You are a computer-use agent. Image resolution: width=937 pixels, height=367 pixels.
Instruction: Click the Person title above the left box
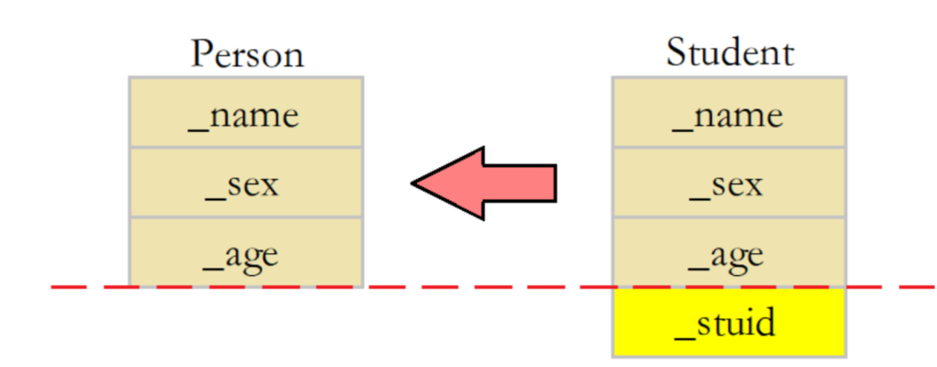247,54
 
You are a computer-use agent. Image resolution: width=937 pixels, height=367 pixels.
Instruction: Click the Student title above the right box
729,53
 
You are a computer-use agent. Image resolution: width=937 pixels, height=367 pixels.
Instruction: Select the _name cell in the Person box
246,113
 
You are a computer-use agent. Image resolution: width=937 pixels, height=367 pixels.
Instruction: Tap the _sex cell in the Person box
246,182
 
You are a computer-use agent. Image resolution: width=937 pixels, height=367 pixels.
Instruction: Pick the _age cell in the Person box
246,252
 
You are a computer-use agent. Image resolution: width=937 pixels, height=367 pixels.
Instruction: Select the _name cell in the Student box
729,113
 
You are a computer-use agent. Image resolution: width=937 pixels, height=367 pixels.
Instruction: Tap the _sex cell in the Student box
729,182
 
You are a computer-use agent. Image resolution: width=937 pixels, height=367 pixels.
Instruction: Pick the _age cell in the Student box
729,252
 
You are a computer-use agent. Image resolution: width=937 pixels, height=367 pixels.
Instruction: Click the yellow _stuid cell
729,322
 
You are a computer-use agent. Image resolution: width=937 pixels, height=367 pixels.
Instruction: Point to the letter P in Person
202,54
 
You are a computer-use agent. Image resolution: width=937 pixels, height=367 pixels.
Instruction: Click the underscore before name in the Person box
198,128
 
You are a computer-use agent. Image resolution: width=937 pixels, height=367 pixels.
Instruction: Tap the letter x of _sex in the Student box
752,185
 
